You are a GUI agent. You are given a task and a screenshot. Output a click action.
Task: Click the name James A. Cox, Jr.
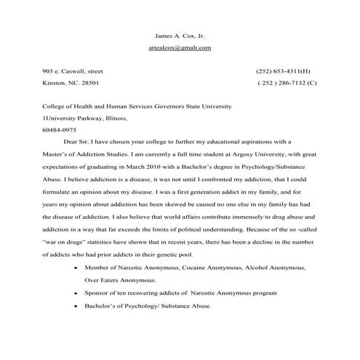(180, 35)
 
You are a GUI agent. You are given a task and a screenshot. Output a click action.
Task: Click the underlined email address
(180, 47)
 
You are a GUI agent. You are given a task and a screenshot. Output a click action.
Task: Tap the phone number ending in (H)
(283, 71)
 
